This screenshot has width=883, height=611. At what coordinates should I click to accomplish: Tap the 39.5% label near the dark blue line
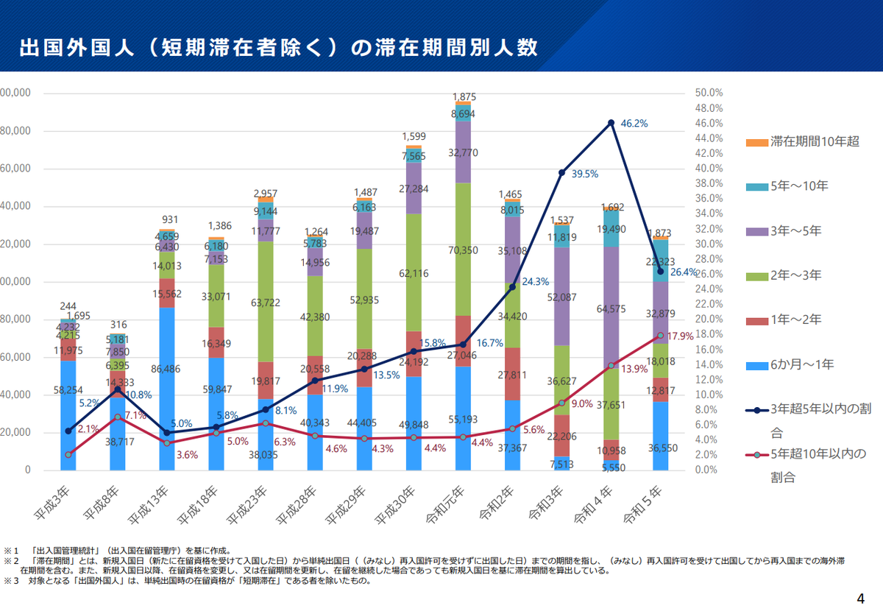pyautogui.click(x=585, y=174)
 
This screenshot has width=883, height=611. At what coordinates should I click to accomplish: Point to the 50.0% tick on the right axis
pyautogui.click(x=709, y=93)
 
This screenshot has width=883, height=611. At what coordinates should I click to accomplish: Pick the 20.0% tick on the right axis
pyautogui.click(x=709, y=319)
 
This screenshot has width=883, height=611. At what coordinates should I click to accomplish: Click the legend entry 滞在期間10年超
pyautogui.click(x=814, y=141)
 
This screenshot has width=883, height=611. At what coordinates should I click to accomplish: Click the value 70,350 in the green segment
pyautogui.click(x=463, y=250)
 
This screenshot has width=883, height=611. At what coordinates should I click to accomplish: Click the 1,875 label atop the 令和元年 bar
pyautogui.click(x=464, y=97)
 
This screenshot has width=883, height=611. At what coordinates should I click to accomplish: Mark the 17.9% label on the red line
pyautogui.click(x=681, y=336)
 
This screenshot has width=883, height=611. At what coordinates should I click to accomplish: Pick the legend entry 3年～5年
pyautogui.click(x=795, y=230)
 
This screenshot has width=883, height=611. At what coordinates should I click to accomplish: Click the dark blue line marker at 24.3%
pyautogui.click(x=513, y=286)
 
